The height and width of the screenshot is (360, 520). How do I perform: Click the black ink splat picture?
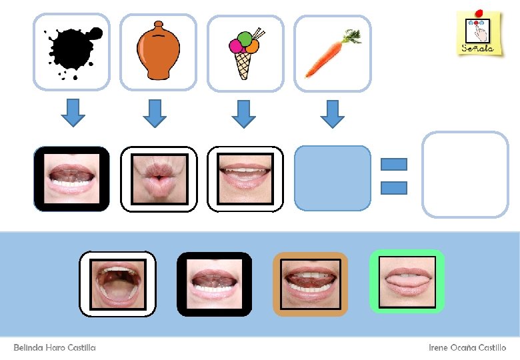coord(71,51)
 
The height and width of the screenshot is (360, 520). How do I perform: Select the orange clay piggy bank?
coord(158,51)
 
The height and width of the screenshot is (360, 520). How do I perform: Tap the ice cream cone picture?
coord(245,53)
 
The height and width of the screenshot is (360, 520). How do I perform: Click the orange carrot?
coord(332,53)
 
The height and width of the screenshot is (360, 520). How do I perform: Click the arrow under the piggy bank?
coord(156,113)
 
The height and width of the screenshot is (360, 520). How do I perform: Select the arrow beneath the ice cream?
coord(243,113)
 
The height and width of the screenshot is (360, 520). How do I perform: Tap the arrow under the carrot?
coord(331,113)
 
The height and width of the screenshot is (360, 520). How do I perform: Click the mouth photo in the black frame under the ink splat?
coord(71,179)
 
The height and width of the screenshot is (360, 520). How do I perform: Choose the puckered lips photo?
coord(158,179)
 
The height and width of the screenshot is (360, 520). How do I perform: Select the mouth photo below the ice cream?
coord(245,179)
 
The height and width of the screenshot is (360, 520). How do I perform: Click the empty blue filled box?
coord(332,178)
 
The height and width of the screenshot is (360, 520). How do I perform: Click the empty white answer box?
coord(465,175)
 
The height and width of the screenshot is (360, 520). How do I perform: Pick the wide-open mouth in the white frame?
coord(117,283)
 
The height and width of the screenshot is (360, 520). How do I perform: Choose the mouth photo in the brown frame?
coord(310,283)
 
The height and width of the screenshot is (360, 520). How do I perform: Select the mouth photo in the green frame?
coord(407,281)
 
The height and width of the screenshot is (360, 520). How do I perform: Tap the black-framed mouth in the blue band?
coord(213,283)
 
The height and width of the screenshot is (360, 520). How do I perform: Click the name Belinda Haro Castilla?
coord(55,348)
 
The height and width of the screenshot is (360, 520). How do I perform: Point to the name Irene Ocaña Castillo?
coord(467,348)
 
